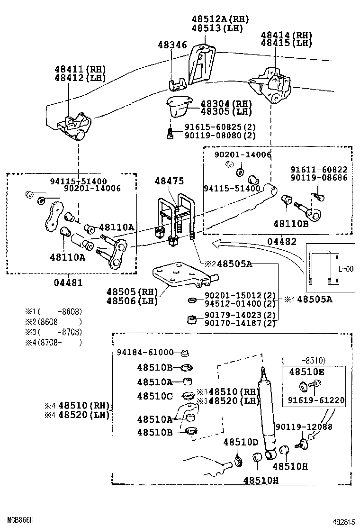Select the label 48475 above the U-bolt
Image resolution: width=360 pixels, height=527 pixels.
[170, 182]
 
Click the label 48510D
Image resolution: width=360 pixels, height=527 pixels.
[241, 442]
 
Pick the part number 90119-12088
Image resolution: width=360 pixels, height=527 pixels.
[304, 427]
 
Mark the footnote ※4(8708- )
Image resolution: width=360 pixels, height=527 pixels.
[54, 342]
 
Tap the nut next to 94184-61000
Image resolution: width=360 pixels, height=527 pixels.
[186, 352]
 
